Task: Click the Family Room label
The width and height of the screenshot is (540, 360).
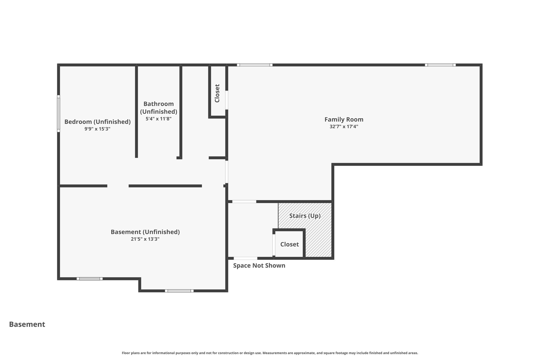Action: point(344,119)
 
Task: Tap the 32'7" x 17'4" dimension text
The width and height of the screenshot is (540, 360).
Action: point(344,127)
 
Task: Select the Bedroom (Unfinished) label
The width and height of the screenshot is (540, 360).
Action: point(98,122)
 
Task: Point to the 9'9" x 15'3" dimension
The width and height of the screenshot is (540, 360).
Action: point(97,129)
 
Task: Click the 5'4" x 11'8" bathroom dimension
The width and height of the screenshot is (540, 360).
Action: point(158,119)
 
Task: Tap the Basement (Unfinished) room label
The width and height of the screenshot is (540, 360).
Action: point(145,232)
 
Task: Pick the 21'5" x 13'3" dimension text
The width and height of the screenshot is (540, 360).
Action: point(145,239)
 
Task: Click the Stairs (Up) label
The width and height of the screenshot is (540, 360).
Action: point(305,216)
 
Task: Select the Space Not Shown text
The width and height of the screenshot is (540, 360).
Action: point(259,266)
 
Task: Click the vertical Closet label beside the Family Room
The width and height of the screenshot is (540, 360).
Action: point(217,93)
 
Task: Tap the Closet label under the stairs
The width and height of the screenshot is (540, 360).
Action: point(290,244)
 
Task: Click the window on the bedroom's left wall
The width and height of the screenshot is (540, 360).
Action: point(59,113)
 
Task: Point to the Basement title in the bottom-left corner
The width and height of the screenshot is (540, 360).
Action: point(27,324)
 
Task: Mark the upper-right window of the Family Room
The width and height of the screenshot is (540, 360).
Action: point(440,65)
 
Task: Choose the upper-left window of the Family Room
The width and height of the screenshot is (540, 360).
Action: point(255,65)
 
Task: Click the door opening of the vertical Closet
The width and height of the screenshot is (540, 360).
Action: point(227,100)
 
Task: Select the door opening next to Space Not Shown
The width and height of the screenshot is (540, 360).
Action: point(245,258)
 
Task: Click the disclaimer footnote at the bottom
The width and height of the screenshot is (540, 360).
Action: point(270,353)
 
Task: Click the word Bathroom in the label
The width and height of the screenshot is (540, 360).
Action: point(158,104)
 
